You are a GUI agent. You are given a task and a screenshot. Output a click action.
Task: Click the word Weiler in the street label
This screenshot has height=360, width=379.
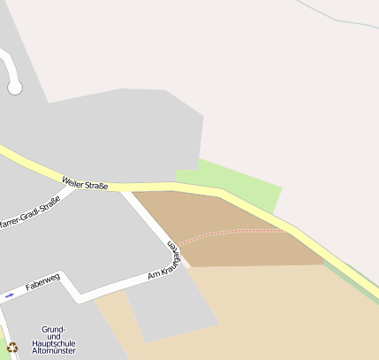pyautogui.click(x=73, y=182)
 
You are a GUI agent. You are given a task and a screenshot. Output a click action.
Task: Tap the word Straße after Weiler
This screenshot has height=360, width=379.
pyautogui.click(x=95, y=186)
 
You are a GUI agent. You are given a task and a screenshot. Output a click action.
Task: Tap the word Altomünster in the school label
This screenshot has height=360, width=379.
pyautogui.click(x=53, y=350)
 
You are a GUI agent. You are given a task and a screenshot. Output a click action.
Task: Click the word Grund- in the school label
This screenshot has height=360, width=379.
pyautogui.click(x=53, y=329)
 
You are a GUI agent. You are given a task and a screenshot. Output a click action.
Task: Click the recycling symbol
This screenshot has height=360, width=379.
pyautogui.click(x=12, y=348)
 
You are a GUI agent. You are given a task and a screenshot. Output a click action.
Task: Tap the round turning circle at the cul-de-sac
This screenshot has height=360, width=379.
pyautogui.click(x=14, y=87)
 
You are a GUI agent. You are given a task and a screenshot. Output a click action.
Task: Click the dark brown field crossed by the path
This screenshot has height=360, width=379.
pyautogui.click(x=230, y=248)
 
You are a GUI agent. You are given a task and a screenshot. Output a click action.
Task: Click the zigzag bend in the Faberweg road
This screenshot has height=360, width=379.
pyautogui.click(x=70, y=287)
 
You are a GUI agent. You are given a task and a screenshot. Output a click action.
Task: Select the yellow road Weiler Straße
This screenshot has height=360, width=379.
pyautogui.click(x=177, y=187)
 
